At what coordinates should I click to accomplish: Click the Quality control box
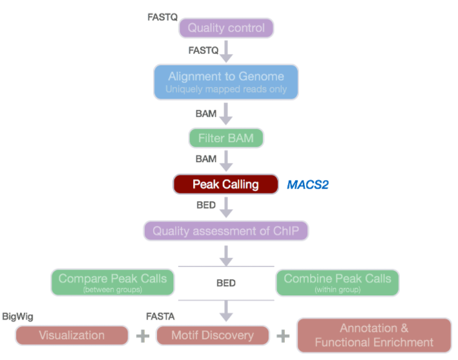[226, 28]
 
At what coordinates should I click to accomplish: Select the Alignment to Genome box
[226, 81]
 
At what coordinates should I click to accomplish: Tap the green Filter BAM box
[226, 138]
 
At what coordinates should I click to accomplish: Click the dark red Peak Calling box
[225, 185]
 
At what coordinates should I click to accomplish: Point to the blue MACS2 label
[307, 185]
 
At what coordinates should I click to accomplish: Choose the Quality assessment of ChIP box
[226, 230]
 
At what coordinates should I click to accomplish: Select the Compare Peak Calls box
[112, 282]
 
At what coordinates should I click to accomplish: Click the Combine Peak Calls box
[337, 282]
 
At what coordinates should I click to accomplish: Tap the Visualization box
[72, 335]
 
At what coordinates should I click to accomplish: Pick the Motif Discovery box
[213, 335]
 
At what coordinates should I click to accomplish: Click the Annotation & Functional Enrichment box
[374, 335]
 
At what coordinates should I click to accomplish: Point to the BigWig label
[17, 317]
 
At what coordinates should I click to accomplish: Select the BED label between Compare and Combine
[226, 283]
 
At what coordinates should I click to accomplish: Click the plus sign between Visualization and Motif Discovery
[143, 336]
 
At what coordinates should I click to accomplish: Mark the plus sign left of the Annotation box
[283, 336]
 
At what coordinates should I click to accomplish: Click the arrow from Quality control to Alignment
[226, 50]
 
